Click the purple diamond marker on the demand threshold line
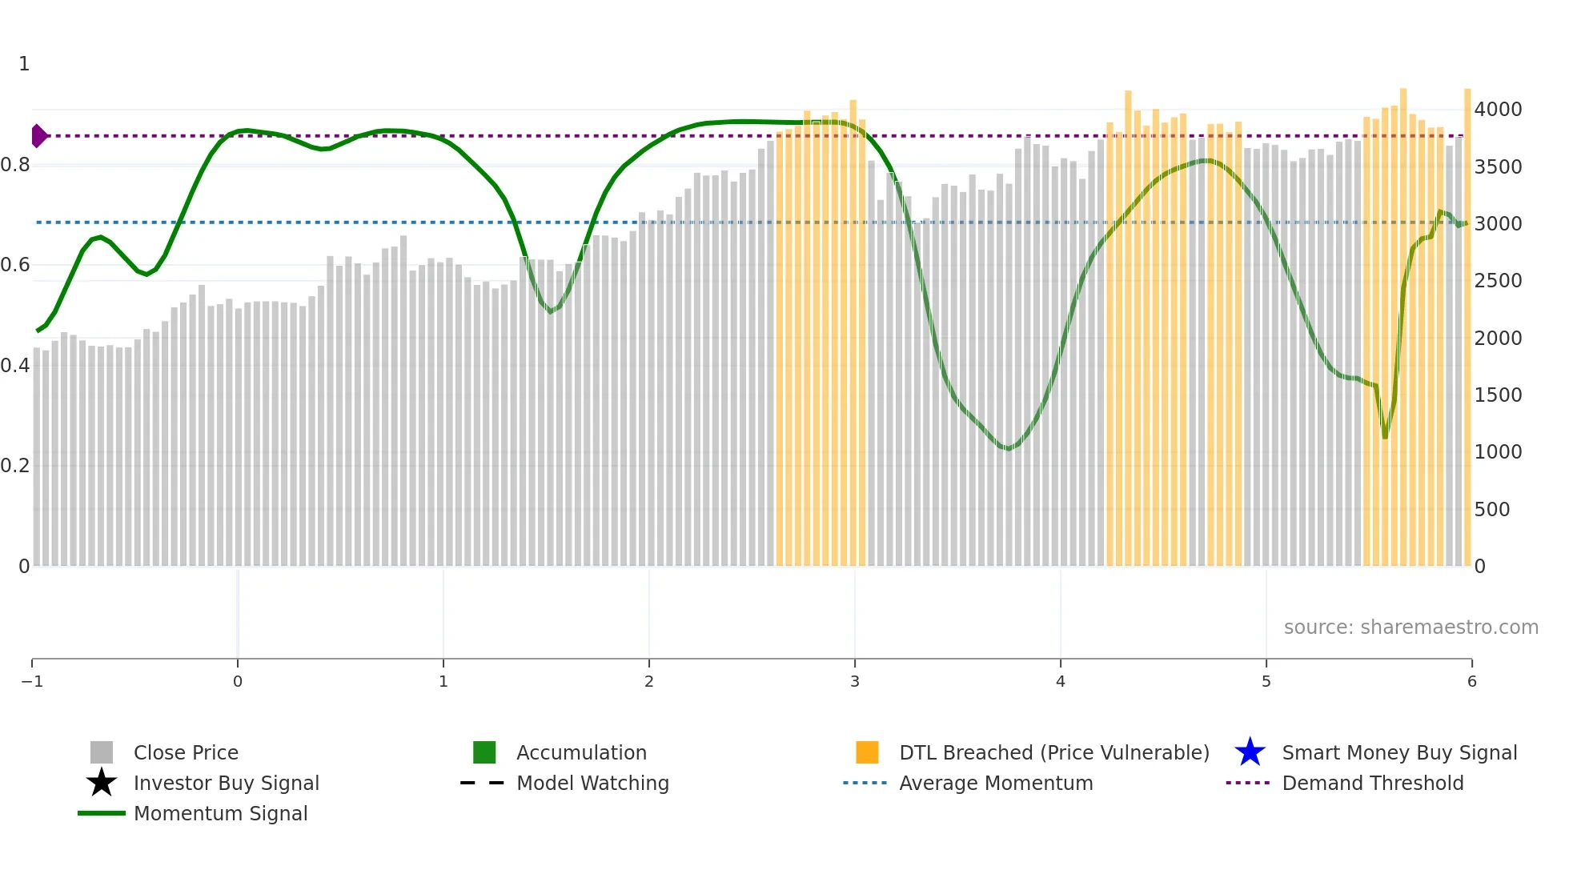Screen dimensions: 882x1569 (x=38, y=136)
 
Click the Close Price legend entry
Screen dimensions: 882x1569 (x=185, y=752)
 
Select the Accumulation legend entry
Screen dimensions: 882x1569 (x=580, y=752)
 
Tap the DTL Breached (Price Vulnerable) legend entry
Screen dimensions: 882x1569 (x=1053, y=752)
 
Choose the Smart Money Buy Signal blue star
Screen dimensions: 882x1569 (x=1250, y=752)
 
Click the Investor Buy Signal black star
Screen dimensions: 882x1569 (x=102, y=783)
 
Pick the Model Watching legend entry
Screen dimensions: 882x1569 (x=592, y=783)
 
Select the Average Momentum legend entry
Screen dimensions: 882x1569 (x=995, y=783)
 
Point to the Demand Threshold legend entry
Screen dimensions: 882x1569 (x=1372, y=783)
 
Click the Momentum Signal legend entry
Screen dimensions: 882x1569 (x=220, y=813)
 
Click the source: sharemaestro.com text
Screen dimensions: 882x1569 (x=1410, y=627)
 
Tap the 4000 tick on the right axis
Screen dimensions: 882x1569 (x=1498, y=110)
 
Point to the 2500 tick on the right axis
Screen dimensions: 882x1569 (x=1498, y=281)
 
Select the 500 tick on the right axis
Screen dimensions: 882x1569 (x=1491, y=509)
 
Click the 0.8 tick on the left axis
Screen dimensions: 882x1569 (x=15, y=165)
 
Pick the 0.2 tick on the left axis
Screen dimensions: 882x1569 (x=15, y=466)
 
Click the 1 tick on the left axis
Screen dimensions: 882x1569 (x=24, y=64)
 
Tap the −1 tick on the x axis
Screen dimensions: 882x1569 (x=32, y=681)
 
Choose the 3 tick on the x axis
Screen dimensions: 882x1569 (x=855, y=681)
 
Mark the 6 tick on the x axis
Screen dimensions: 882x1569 (x=1471, y=681)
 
